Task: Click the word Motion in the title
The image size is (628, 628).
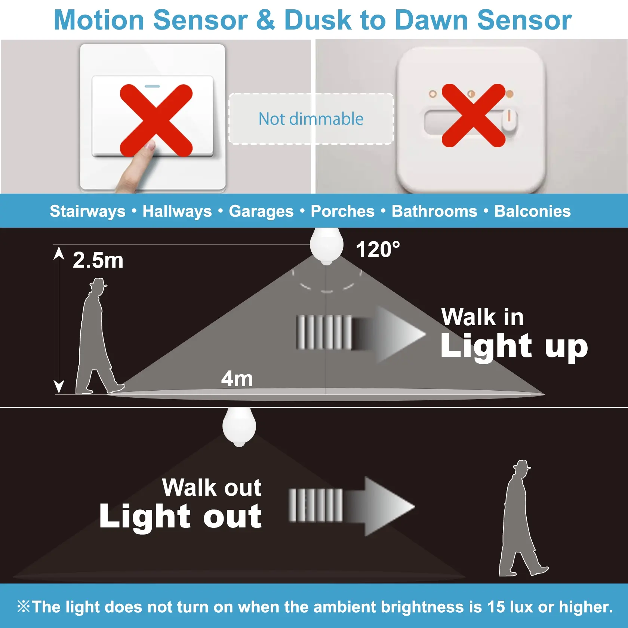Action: [x=99, y=20]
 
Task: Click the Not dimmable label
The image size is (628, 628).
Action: [x=311, y=119]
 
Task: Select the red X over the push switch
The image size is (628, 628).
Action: [x=156, y=120]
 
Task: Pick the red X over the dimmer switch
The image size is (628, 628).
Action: [x=474, y=115]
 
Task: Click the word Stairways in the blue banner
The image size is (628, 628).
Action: [x=87, y=211]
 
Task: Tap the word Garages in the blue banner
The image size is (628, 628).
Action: [x=261, y=211]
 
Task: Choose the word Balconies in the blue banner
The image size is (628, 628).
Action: [x=533, y=211]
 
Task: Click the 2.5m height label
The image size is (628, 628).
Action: [x=98, y=260]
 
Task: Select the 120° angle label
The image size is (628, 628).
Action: [x=378, y=249]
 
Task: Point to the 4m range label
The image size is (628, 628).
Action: [x=237, y=379]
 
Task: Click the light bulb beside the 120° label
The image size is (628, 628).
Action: [x=327, y=246]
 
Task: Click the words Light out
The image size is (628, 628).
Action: [x=181, y=516]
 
